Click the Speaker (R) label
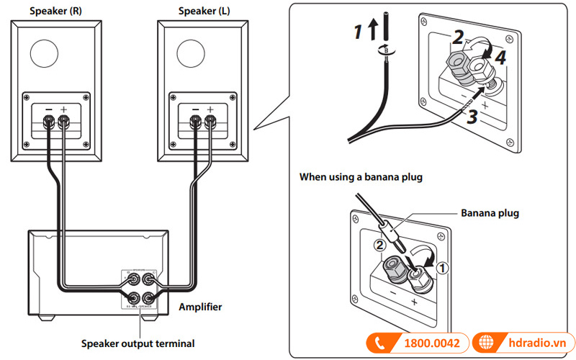(54, 11)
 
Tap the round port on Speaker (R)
(45, 55)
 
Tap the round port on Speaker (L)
(192, 55)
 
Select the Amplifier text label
(200, 307)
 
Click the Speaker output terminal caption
(138, 343)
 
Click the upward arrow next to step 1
(372, 30)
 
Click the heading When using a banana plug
(361, 176)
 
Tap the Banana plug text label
(490, 213)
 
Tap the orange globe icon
(487, 343)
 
